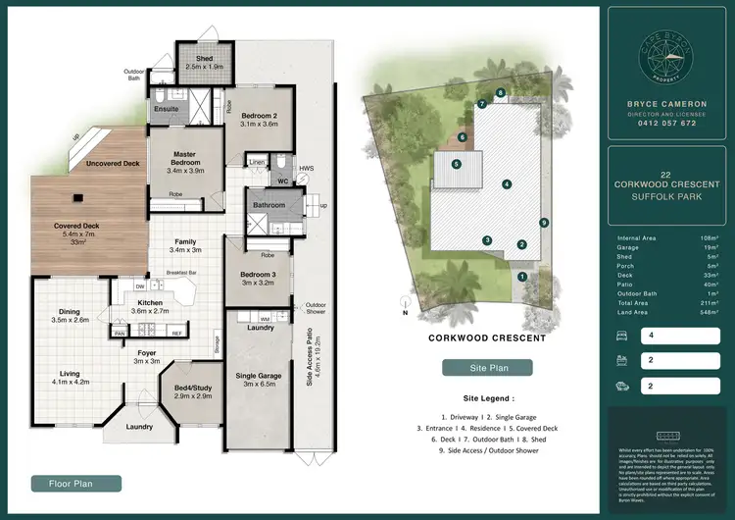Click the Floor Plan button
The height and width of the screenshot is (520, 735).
[76, 483]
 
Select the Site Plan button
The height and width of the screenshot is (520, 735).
[488, 368]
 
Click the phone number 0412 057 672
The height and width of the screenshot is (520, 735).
[661, 124]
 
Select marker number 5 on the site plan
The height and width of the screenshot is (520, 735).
[456, 164]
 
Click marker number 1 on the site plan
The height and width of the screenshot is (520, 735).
[522, 277]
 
